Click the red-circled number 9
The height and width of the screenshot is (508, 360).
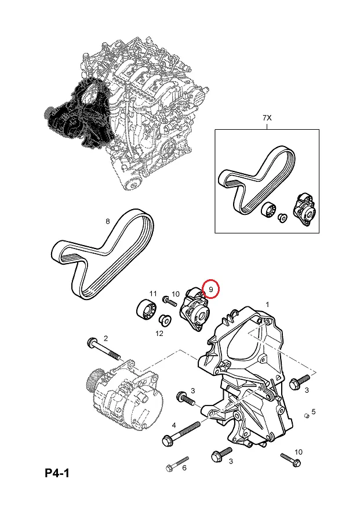click(x=211, y=288)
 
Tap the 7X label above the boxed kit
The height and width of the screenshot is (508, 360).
click(x=267, y=118)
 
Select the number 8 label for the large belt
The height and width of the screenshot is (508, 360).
click(x=107, y=221)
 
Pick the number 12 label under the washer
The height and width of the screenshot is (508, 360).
click(x=159, y=333)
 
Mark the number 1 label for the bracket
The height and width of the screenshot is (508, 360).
click(x=267, y=304)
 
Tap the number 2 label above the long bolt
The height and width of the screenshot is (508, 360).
click(x=106, y=338)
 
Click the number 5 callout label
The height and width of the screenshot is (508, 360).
click(x=314, y=412)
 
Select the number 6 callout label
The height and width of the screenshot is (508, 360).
click(x=184, y=467)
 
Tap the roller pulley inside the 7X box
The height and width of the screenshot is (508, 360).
click(x=268, y=210)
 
